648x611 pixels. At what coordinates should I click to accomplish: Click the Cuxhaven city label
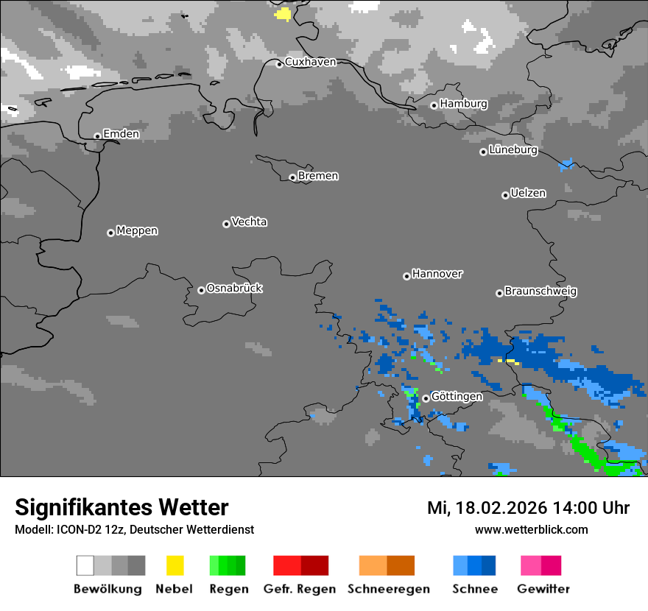[310, 62]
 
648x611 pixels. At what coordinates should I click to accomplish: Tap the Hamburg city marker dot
[434, 105]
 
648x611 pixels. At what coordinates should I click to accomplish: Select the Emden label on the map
[121, 134]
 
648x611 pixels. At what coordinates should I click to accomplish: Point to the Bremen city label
[318, 176]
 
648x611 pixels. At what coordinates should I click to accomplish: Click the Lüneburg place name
[513, 150]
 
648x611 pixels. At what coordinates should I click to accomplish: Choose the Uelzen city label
[528, 194]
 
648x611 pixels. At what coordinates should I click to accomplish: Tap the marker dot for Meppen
[110, 233]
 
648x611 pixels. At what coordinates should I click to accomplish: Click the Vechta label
[249, 222]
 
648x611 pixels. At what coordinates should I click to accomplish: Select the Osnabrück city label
[234, 289]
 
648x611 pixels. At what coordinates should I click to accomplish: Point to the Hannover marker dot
[406, 276]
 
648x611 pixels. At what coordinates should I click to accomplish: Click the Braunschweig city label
[540, 292]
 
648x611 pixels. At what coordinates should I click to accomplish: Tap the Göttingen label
[457, 397]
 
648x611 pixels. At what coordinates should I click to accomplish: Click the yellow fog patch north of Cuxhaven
[283, 14]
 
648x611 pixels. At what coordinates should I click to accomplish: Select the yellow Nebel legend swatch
[175, 565]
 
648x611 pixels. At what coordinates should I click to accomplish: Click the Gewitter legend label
[543, 589]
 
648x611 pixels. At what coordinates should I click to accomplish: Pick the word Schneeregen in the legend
[387, 589]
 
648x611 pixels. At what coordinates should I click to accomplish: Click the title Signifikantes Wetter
[121, 507]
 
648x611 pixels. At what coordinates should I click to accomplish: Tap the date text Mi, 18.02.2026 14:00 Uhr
[528, 508]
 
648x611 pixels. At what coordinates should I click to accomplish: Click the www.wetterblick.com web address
[531, 529]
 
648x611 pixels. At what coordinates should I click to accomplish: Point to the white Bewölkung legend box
[85, 565]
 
